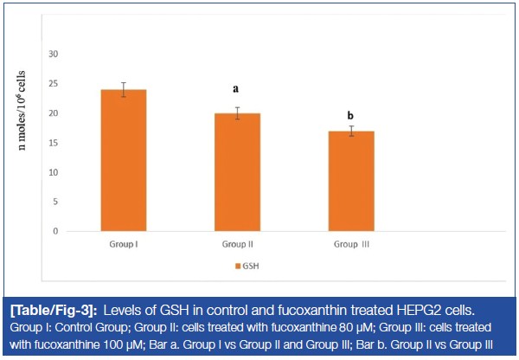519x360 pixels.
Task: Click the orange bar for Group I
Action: coord(124,160)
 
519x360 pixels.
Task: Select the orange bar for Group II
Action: coord(236,172)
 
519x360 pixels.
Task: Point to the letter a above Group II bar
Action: coord(235,89)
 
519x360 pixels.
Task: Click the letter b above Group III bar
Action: coord(349,115)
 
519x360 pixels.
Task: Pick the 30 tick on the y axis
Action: coord(53,55)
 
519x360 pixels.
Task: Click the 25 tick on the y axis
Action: coord(53,84)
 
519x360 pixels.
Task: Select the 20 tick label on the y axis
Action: coord(53,113)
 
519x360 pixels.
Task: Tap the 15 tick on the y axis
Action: coord(53,143)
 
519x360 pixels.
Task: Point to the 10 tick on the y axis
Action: coord(53,172)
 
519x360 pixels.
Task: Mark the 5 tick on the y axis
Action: coord(55,202)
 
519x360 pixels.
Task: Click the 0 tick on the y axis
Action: coord(55,231)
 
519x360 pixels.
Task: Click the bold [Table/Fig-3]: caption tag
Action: coord(57,310)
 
